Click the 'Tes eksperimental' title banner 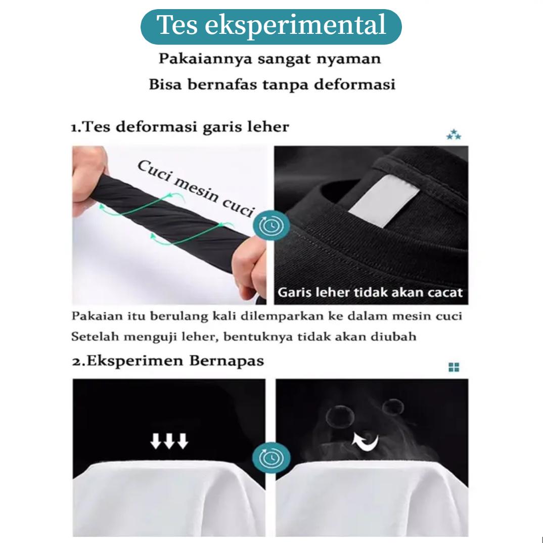(x=271, y=25)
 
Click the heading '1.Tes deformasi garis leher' (x=179, y=126)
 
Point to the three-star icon (x=454, y=135)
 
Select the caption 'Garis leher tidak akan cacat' (x=370, y=292)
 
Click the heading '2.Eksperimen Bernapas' (x=167, y=361)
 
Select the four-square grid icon (x=454, y=367)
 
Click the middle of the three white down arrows (x=169, y=441)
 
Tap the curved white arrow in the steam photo (x=366, y=443)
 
